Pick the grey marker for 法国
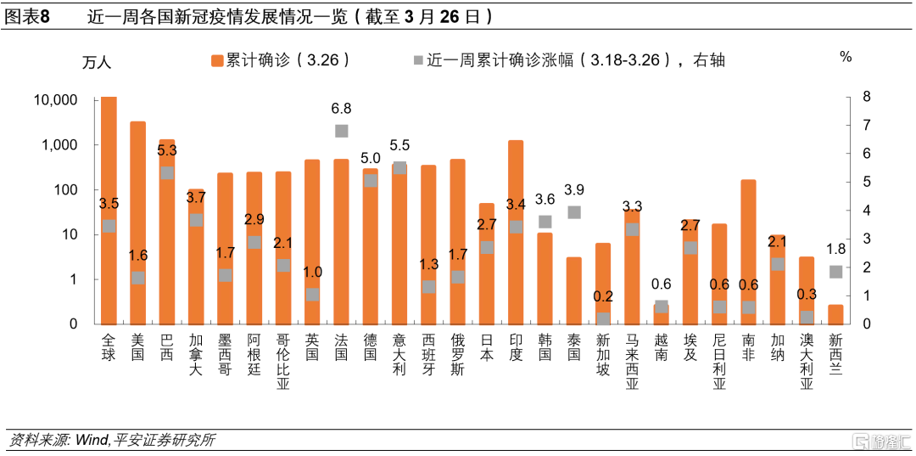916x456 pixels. (341, 131)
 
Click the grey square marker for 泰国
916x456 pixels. (574, 212)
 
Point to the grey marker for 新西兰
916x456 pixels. (835, 272)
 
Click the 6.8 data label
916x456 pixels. (341, 109)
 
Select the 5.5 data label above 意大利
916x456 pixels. (399, 146)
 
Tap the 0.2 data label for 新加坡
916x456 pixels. (603, 296)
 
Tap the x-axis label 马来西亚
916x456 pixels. (632, 360)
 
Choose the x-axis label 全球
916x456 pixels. (109, 347)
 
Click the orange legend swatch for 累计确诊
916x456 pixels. (215, 60)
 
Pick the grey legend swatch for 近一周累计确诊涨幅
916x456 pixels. (416, 60)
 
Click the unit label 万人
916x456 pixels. (96, 62)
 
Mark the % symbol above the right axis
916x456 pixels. (845, 57)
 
